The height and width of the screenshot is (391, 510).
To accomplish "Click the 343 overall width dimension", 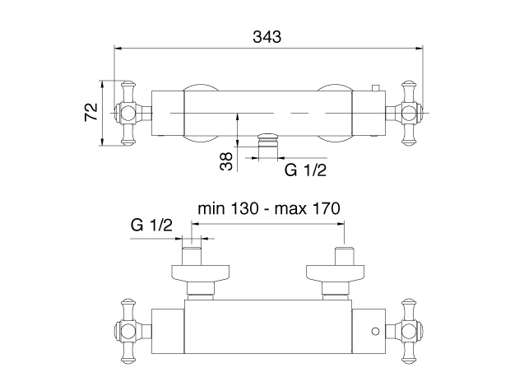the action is point(267,37).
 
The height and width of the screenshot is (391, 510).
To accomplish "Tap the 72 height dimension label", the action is point(91,112).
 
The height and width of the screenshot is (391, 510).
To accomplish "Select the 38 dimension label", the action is point(226,161).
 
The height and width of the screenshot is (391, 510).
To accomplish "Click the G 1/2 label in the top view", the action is point(305,170).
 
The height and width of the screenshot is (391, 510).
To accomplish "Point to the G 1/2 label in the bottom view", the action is point(151,225).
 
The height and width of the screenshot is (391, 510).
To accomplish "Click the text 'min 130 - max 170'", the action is point(269,208).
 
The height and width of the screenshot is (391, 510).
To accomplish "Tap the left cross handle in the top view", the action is point(129,113).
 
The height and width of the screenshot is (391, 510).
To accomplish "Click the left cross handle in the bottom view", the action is point(129,331).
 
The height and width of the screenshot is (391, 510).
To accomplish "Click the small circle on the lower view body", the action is point(375,332).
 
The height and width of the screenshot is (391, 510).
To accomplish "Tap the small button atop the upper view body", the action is point(376,88).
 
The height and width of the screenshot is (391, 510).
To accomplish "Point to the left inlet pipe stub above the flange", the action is point(192,256).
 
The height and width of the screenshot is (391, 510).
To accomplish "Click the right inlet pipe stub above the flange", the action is point(344,256).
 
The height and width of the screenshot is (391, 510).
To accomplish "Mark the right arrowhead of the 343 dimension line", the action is point(420,49).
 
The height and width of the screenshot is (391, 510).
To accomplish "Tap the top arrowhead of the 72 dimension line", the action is point(102,85).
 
